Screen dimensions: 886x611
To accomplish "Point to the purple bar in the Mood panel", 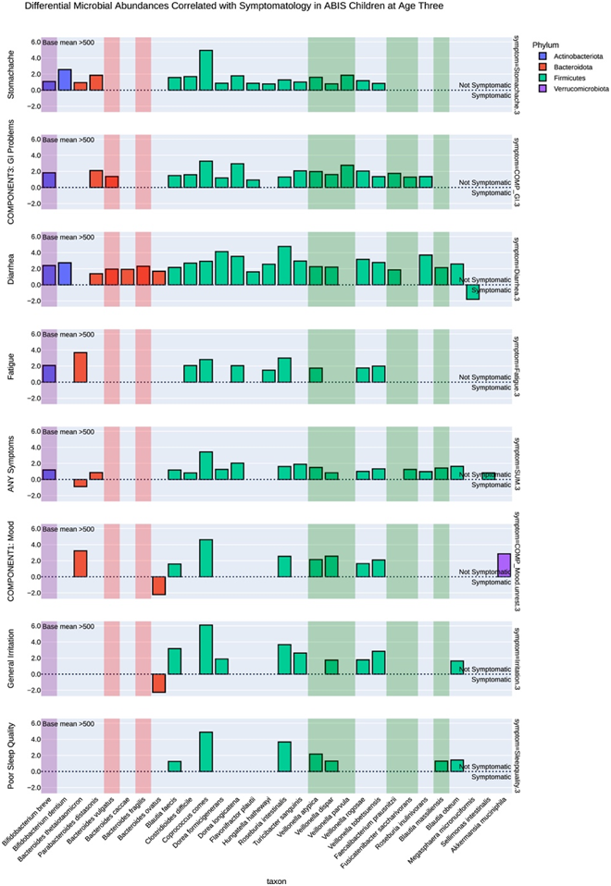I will pos(504,565).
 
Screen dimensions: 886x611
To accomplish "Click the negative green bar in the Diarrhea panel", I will pos(473,292).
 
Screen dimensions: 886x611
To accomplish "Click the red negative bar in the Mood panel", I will pos(158,585).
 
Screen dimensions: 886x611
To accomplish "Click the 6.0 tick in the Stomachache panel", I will pos(34,43).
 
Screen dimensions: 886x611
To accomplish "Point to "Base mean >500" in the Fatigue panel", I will pos(69,335).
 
